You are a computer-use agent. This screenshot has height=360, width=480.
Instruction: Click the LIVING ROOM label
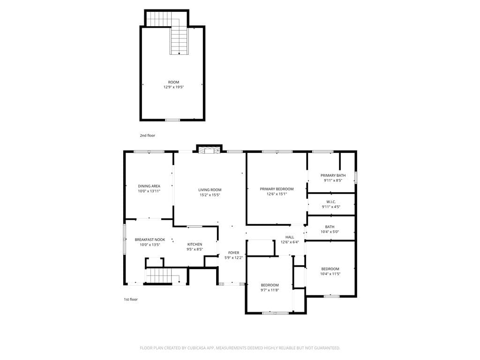pos(210,190)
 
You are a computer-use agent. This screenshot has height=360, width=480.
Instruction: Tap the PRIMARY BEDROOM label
pos(277,189)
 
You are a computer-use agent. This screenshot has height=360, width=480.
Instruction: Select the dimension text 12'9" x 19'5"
pos(173,87)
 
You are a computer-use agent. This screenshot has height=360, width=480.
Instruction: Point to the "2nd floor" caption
pos(148,135)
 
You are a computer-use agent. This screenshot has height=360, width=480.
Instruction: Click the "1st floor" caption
pos(131,300)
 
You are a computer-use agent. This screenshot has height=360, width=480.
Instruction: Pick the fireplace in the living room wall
pos(209,150)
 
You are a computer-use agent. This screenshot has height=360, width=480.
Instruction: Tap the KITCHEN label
pos(195,244)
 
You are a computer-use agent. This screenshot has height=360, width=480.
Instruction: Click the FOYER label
pos(233,253)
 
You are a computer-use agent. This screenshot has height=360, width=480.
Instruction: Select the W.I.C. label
pos(331,202)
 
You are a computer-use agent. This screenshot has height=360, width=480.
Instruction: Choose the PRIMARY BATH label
pos(333,175)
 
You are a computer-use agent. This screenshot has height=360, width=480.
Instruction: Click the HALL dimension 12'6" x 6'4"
pos(290,242)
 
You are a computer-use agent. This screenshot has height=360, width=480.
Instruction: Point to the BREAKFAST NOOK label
pos(150,240)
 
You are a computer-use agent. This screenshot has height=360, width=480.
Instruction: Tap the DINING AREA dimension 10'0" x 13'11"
pos(149,191)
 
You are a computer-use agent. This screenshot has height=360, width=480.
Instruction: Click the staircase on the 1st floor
pos(163,276)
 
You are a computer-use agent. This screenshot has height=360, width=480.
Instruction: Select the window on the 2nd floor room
pos(172,120)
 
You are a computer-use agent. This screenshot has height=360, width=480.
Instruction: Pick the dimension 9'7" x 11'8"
pos(270,290)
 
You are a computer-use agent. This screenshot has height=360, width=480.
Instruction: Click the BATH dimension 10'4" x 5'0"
pos(330,232)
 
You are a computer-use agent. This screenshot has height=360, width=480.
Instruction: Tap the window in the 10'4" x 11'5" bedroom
pos(332,296)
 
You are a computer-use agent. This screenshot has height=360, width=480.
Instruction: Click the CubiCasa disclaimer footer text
pos(240,348)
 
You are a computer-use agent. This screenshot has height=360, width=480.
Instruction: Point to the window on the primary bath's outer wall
pos(356,177)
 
